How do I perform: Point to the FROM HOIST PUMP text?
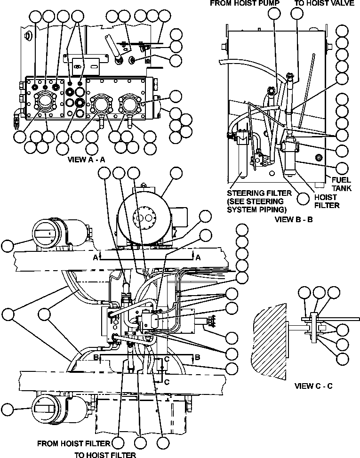point(240,3)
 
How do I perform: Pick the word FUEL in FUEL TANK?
point(340,179)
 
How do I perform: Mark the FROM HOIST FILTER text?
point(73,443)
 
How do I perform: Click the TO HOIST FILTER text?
point(105,455)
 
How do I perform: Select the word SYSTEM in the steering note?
point(241,209)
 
